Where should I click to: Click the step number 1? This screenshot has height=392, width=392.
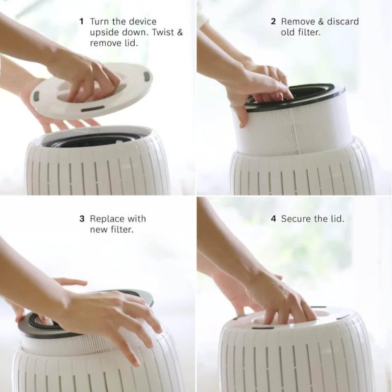pos(81,22)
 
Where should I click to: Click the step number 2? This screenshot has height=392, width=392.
pos(273,22)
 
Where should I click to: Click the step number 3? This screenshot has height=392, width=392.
pos(82,219)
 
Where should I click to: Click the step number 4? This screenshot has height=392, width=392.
pos(273,219)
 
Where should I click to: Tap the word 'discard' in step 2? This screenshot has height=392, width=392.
pos(343,22)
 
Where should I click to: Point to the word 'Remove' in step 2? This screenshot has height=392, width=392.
pos(298,22)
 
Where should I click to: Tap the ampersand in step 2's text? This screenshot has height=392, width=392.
pos(321,22)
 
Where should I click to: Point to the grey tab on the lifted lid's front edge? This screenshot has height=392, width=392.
pos(93,109)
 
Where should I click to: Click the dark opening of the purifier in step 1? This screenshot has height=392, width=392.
pos(93,141)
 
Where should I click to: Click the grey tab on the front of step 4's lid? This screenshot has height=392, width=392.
pos(263,328)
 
